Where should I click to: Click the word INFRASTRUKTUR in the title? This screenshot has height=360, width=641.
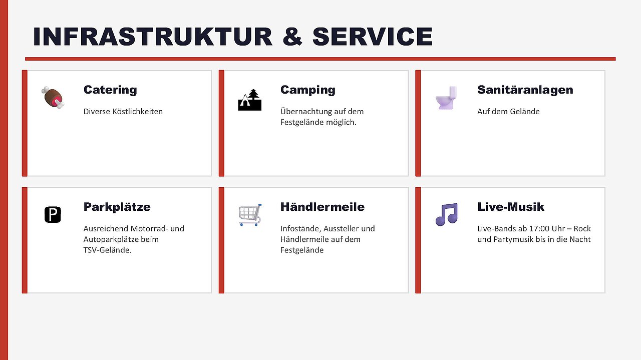point(153,37)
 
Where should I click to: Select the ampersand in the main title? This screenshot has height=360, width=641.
point(292,37)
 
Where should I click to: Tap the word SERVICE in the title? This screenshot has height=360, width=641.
point(372,37)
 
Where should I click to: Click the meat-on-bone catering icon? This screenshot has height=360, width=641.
point(53,98)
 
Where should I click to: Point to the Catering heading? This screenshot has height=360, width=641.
point(110,90)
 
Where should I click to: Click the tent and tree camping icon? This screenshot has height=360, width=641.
point(249,100)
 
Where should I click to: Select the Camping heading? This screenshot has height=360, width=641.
point(307,90)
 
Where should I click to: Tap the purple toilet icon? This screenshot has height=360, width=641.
point(446,98)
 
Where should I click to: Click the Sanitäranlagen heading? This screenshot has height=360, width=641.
point(525,90)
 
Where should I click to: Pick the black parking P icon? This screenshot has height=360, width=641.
point(53,215)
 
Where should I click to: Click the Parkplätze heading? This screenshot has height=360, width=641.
point(117,207)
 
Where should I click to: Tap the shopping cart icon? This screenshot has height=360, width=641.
point(250,215)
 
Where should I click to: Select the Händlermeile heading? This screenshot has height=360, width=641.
point(322,207)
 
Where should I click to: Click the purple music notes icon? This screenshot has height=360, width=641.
point(447,215)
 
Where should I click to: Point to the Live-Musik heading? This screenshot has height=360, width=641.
point(510,207)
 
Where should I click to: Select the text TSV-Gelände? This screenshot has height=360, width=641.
point(107,250)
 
